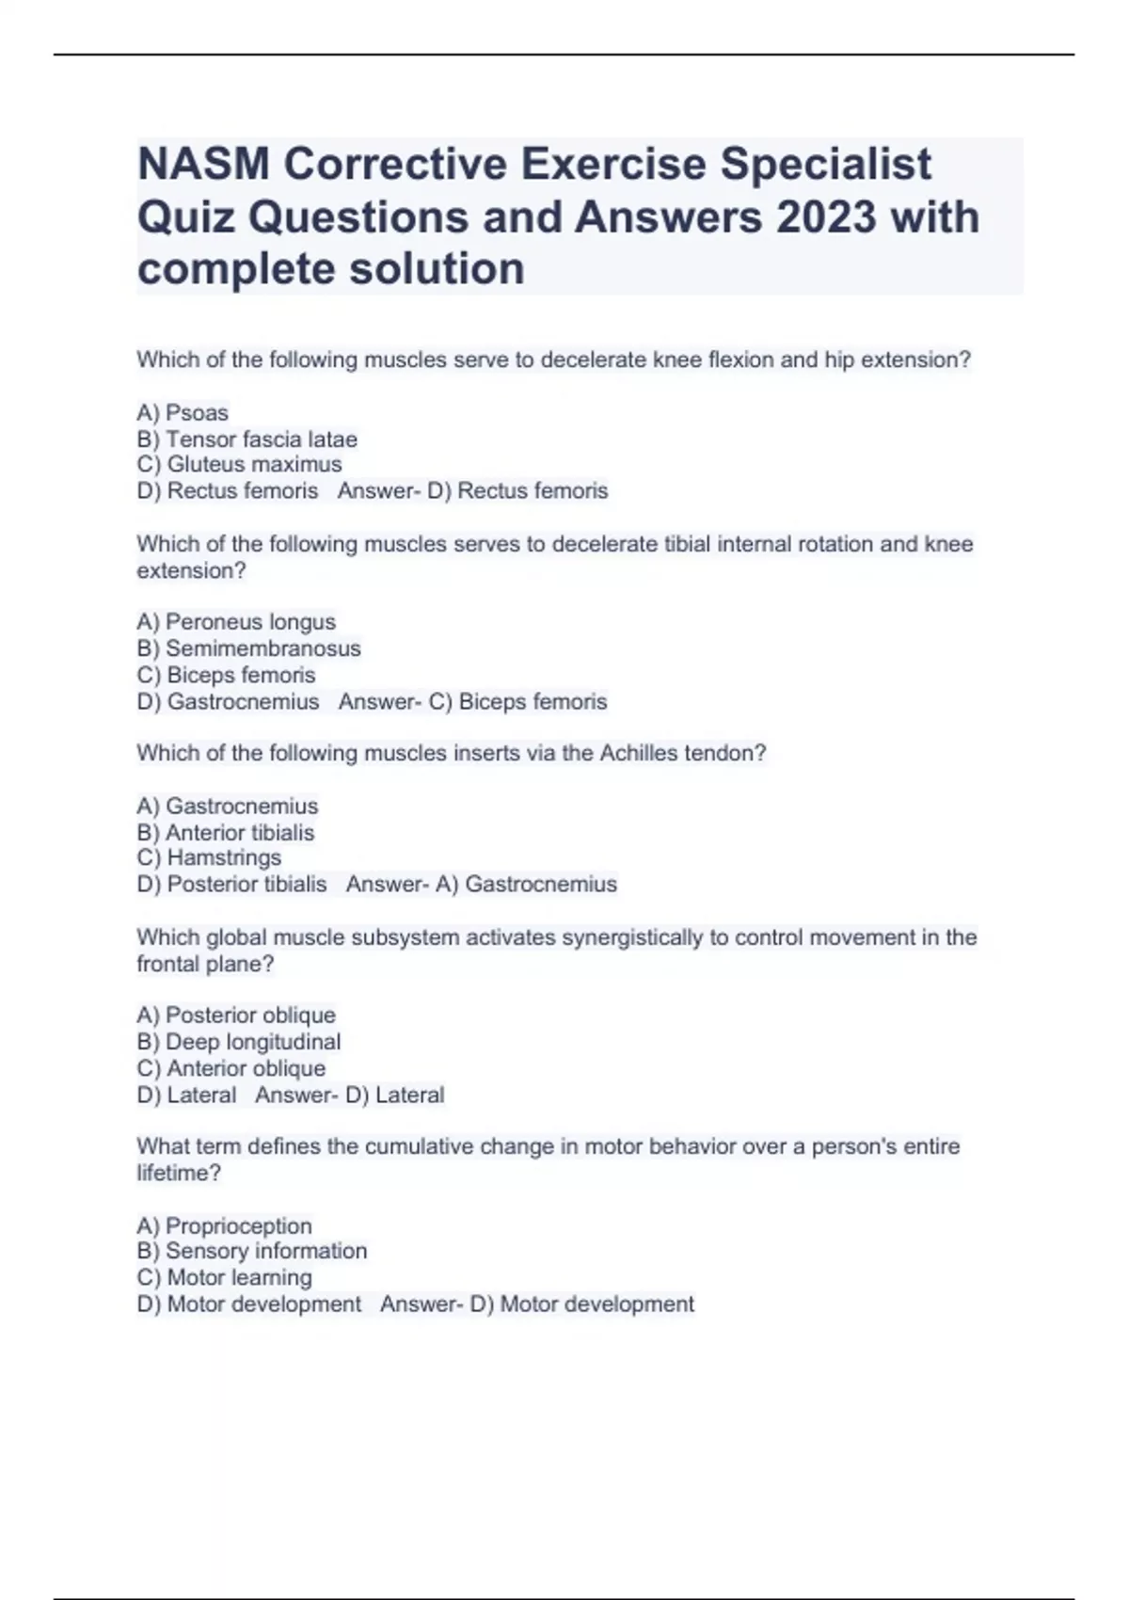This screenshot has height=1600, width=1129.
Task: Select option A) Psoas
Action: click(183, 413)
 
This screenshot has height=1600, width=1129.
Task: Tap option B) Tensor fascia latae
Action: click(246, 440)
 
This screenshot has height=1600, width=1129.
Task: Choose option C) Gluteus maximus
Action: click(239, 465)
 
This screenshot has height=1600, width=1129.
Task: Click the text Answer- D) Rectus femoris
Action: click(472, 491)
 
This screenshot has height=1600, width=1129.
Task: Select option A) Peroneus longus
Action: click(236, 622)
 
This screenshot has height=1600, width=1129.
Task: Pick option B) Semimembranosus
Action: click(248, 648)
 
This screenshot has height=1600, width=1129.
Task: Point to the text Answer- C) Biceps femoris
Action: click(472, 702)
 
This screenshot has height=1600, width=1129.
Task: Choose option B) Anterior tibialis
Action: click(226, 833)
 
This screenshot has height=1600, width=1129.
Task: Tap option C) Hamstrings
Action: click(209, 858)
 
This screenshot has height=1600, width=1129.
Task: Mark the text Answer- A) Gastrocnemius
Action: click(481, 885)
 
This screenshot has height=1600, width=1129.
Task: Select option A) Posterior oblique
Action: click(236, 1016)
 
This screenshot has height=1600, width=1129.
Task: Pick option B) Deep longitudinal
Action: click(239, 1042)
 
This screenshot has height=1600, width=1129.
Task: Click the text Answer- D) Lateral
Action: click(349, 1096)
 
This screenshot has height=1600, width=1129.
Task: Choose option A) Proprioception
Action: click(224, 1226)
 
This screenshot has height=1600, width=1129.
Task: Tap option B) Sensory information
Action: click(252, 1252)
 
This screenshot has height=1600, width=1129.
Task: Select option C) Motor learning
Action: click(224, 1278)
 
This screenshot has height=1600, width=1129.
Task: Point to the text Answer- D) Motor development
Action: click(537, 1304)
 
